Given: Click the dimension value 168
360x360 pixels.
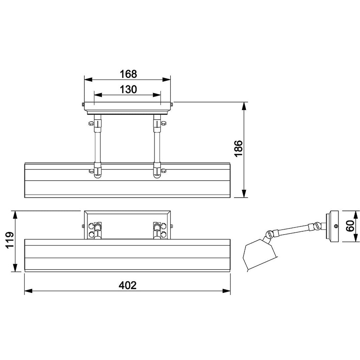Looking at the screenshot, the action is (x=128, y=74).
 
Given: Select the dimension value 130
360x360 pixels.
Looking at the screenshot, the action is (x=128, y=89).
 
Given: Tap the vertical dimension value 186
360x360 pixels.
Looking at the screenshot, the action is (x=238, y=148).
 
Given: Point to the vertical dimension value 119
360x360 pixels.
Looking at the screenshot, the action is (x=10, y=240).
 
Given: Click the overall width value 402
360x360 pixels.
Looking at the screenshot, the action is (x=127, y=285).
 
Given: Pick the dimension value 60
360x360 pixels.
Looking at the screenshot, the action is (x=350, y=226).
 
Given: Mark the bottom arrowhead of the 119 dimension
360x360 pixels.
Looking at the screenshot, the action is (x=15, y=268).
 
